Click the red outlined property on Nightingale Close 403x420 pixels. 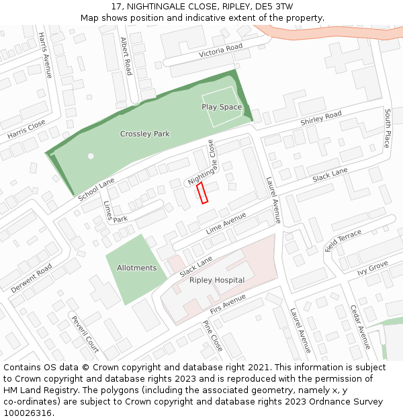tap(203, 192)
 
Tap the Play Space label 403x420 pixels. tap(222, 107)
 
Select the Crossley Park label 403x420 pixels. tap(145, 134)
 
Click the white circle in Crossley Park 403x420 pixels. tap(91, 156)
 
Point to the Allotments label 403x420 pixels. tap(137, 267)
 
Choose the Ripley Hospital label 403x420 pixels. tap(217, 280)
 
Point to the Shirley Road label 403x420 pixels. tap(321, 118)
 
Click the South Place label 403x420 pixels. tap(388, 130)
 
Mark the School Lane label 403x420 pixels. tap(97, 190)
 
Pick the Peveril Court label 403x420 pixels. tap(85, 334)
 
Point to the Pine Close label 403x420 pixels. tap(212, 335)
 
